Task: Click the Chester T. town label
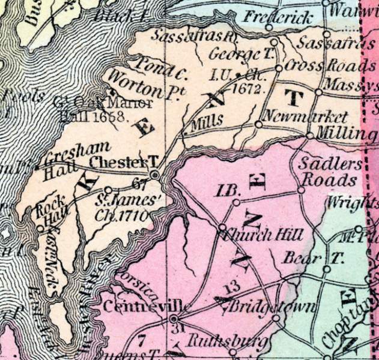click(x=123, y=163)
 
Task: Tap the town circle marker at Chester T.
click(x=155, y=174)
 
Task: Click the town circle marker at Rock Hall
click(x=40, y=227)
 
